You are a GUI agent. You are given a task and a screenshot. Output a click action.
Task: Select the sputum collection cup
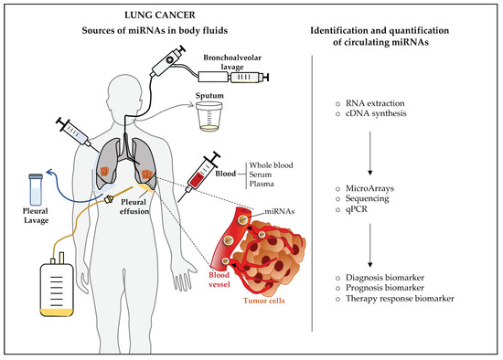pos(212,114)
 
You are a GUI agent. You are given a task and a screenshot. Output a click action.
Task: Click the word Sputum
pos(212,94)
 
